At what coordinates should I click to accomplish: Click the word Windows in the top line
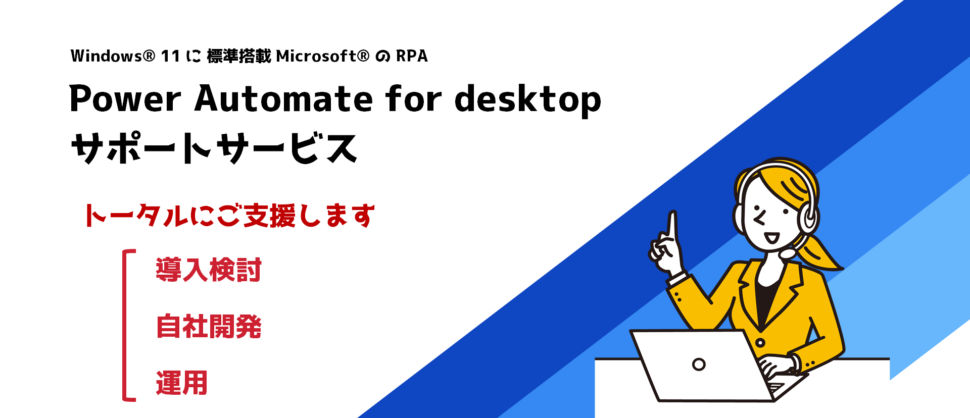point(107,56)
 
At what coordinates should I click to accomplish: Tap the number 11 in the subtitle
point(170,56)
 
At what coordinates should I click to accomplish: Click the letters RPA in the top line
point(412,56)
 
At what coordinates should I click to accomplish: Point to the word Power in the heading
point(125,98)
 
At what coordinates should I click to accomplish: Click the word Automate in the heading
point(283,98)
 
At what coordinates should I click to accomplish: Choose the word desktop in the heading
point(528,99)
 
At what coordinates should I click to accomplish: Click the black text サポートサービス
point(214,148)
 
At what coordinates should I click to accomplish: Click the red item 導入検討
point(209,270)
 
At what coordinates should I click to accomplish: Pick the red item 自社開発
point(209,326)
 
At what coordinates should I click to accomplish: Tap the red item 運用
point(182,383)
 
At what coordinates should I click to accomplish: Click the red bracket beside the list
point(124,326)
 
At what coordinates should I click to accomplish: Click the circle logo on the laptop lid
point(699,364)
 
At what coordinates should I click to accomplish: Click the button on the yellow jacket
point(760,343)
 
